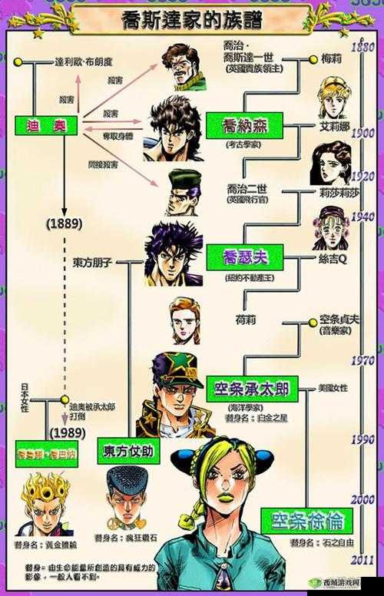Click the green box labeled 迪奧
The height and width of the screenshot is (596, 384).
click(46, 124)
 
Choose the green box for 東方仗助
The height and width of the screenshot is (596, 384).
click(128, 450)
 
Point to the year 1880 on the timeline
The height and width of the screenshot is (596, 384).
click(362, 47)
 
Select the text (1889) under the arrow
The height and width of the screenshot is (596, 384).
click(65, 223)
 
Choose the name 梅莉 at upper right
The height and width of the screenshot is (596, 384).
click(331, 58)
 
